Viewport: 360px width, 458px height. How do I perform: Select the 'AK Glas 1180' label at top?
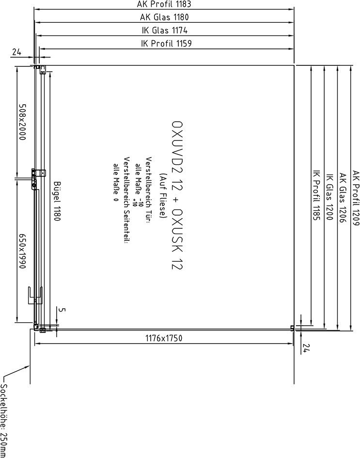click(x=164, y=17)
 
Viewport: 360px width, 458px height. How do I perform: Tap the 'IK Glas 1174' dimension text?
click(x=164, y=31)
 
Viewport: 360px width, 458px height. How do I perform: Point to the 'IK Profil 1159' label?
click(x=166, y=44)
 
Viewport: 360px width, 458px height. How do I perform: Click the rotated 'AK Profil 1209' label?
click(x=355, y=198)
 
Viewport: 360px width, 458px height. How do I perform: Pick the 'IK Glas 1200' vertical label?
click(x=329, y=197)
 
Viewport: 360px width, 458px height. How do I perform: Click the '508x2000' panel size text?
click(x=22, y=122)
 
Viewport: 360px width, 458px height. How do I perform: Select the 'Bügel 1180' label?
click(x=57, y=201)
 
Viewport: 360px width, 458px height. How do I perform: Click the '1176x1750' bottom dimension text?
click(x=164, y=338)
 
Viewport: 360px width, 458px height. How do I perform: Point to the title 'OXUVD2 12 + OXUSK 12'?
click(x=177, y=195)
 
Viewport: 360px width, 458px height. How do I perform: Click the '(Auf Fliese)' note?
click(x=163, y=196)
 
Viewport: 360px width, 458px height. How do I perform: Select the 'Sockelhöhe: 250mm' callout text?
click(x=4, y=420)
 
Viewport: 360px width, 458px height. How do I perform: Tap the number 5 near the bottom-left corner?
click(x=62, y=310)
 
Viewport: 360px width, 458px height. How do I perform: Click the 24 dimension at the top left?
click(x=16, y=52)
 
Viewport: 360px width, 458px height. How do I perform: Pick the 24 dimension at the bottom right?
click(x=306, y=348)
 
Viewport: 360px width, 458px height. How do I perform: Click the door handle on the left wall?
click(x=35, y=296)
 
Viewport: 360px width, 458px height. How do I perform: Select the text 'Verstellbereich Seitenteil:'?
click(x=126, y=201)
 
